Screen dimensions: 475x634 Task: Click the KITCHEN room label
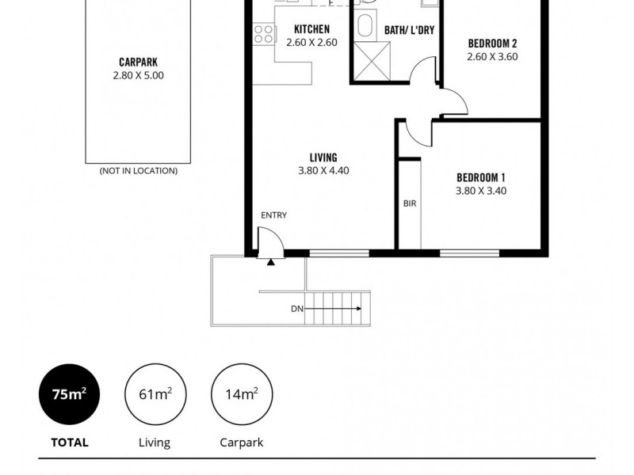311,29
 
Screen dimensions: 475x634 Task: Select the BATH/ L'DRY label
408,30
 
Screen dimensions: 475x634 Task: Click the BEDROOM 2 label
492,43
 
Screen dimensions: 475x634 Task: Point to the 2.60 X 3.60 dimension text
492,56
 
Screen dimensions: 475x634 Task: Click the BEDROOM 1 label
481,177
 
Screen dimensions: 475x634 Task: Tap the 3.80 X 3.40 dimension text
481,191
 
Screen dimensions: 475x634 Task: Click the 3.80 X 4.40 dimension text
323,170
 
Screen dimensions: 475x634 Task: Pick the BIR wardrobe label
409,203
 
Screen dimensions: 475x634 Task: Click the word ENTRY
273,215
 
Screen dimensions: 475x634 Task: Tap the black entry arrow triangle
271,260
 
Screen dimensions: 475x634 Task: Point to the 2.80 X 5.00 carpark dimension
138,75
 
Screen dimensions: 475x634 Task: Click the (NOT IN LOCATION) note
138,171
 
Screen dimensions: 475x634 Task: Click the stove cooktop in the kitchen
264,33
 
